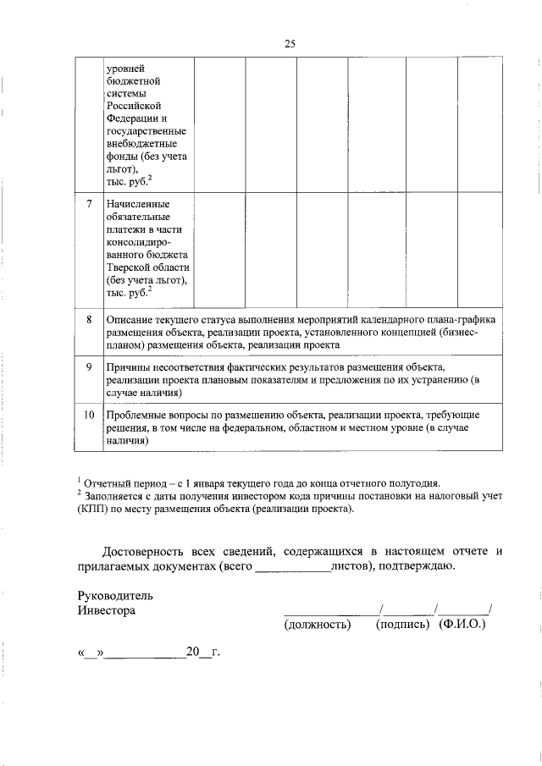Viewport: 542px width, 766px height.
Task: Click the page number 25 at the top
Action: point(290,44)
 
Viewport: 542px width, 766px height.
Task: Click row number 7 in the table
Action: point(89,205)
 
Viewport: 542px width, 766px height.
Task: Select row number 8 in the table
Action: point(89,320)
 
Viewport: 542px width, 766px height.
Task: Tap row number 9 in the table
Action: point(89,367)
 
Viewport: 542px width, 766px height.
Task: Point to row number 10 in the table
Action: point(89,416)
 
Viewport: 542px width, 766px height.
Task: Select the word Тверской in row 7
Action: point(132,266)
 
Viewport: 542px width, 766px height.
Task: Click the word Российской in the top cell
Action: point(134,105)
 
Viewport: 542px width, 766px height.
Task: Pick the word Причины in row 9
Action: point(129,367)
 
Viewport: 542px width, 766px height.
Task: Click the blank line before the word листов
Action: point(292,566)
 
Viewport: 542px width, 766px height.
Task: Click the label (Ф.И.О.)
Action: point(462,625)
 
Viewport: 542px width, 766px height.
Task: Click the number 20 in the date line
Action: point(191,652)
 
